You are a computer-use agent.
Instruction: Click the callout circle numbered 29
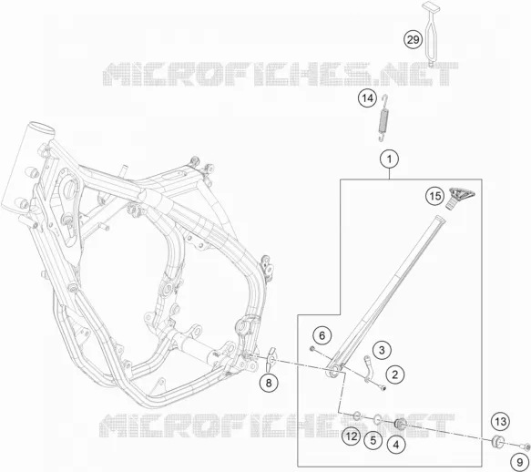point(413,40)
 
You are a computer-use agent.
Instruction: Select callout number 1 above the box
point(390,159)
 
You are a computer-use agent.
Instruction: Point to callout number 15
point(435,196)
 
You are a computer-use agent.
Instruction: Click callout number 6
point(322,336)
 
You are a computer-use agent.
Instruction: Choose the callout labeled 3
point(382,350)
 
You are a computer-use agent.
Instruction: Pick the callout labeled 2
point(395,375)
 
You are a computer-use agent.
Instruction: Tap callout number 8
point(269,384)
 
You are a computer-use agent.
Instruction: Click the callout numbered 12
point(352,436)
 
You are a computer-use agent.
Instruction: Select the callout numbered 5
point(373,440)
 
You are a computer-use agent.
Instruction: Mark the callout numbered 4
point(396,444)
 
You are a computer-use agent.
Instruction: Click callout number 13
point(501,422)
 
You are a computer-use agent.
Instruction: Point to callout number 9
point(520,462)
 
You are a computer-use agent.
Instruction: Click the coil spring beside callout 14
point(383,118)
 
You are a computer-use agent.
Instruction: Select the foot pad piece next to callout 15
point(460,198)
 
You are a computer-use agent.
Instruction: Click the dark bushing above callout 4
point(401,424)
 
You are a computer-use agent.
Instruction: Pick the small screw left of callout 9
point(526,447)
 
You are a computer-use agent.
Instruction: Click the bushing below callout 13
point(498,441)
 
